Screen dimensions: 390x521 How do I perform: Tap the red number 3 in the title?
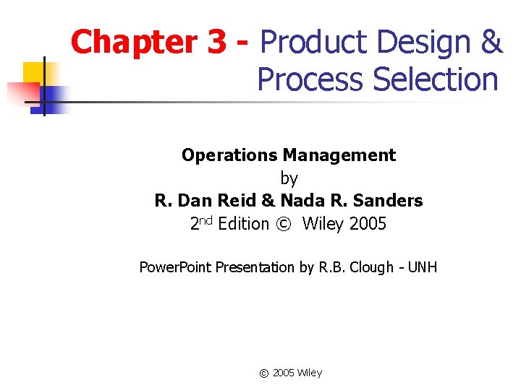pyautogui.click(x=216, y=42)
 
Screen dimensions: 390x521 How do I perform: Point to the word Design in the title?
pyautogui.click(x=420, y=42)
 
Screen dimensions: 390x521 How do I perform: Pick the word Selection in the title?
pyautogui.click(x=436, y=79)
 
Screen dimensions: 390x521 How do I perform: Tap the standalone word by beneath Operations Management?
pyautogui.click(x=289, y=178)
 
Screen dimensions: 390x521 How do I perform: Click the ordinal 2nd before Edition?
pyautogui.click(x=201, y=223)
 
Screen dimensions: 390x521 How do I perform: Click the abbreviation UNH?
pyautogui.click(x=422, y=267)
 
